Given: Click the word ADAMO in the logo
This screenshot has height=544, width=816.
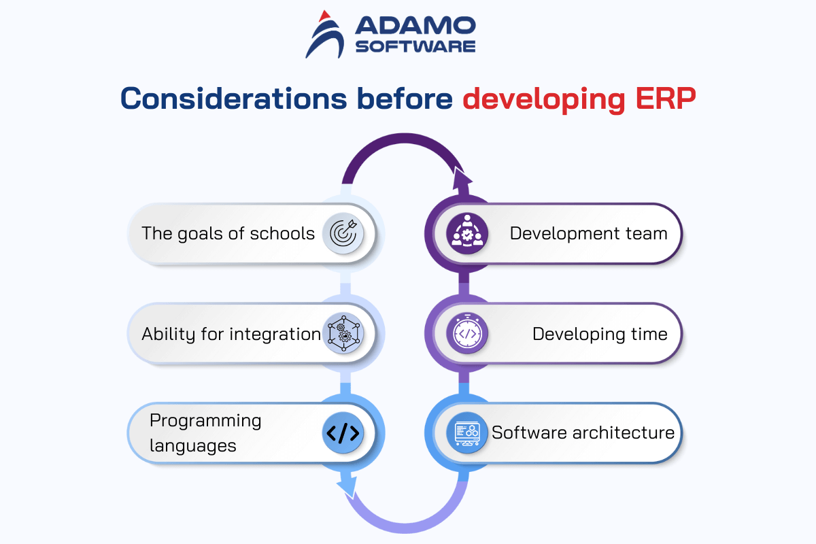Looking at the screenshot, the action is point(415,25).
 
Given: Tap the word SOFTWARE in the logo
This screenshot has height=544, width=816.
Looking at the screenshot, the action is point(415,46).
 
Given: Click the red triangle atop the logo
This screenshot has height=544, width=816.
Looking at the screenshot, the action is point(324,16).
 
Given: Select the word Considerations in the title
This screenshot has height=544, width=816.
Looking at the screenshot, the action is point(233,99).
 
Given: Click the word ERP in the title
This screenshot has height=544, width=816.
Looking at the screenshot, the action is point(666,99).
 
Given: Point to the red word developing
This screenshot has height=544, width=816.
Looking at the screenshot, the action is point(543,99).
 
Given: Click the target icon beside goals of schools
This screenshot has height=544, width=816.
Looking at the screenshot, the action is point(343,233).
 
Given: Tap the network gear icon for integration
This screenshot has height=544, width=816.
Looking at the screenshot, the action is point(343,333).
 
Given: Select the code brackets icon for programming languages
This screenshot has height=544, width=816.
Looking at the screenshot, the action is point(343,433).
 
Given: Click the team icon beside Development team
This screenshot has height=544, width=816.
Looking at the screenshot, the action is point(467,233).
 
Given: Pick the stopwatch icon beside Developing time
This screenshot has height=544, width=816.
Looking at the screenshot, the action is point(467,333).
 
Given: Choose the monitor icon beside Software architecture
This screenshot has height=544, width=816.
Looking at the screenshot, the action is point(467,433).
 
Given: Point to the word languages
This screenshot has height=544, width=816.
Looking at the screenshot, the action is point(193,446).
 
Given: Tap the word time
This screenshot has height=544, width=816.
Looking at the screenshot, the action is point(649,334).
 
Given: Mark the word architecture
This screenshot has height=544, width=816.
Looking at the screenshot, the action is point(624,433).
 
